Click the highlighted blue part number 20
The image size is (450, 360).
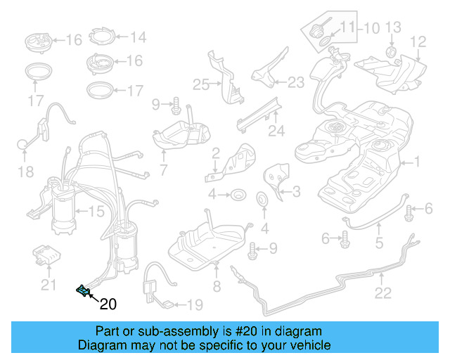point(83,290)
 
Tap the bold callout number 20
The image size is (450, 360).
point(108,304)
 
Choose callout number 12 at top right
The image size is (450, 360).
point(418,42)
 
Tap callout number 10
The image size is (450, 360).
point(371,28)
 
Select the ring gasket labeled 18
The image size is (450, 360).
point(23,145)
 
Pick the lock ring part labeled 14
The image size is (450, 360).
point(103,36)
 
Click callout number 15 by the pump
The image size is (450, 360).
point(96,210)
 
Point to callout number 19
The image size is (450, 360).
point(194,304)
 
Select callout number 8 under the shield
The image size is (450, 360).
point(217,286)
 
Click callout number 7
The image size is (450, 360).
point(163,169)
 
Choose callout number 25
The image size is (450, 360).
point(202,85)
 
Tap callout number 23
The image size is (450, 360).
point(296,82)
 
